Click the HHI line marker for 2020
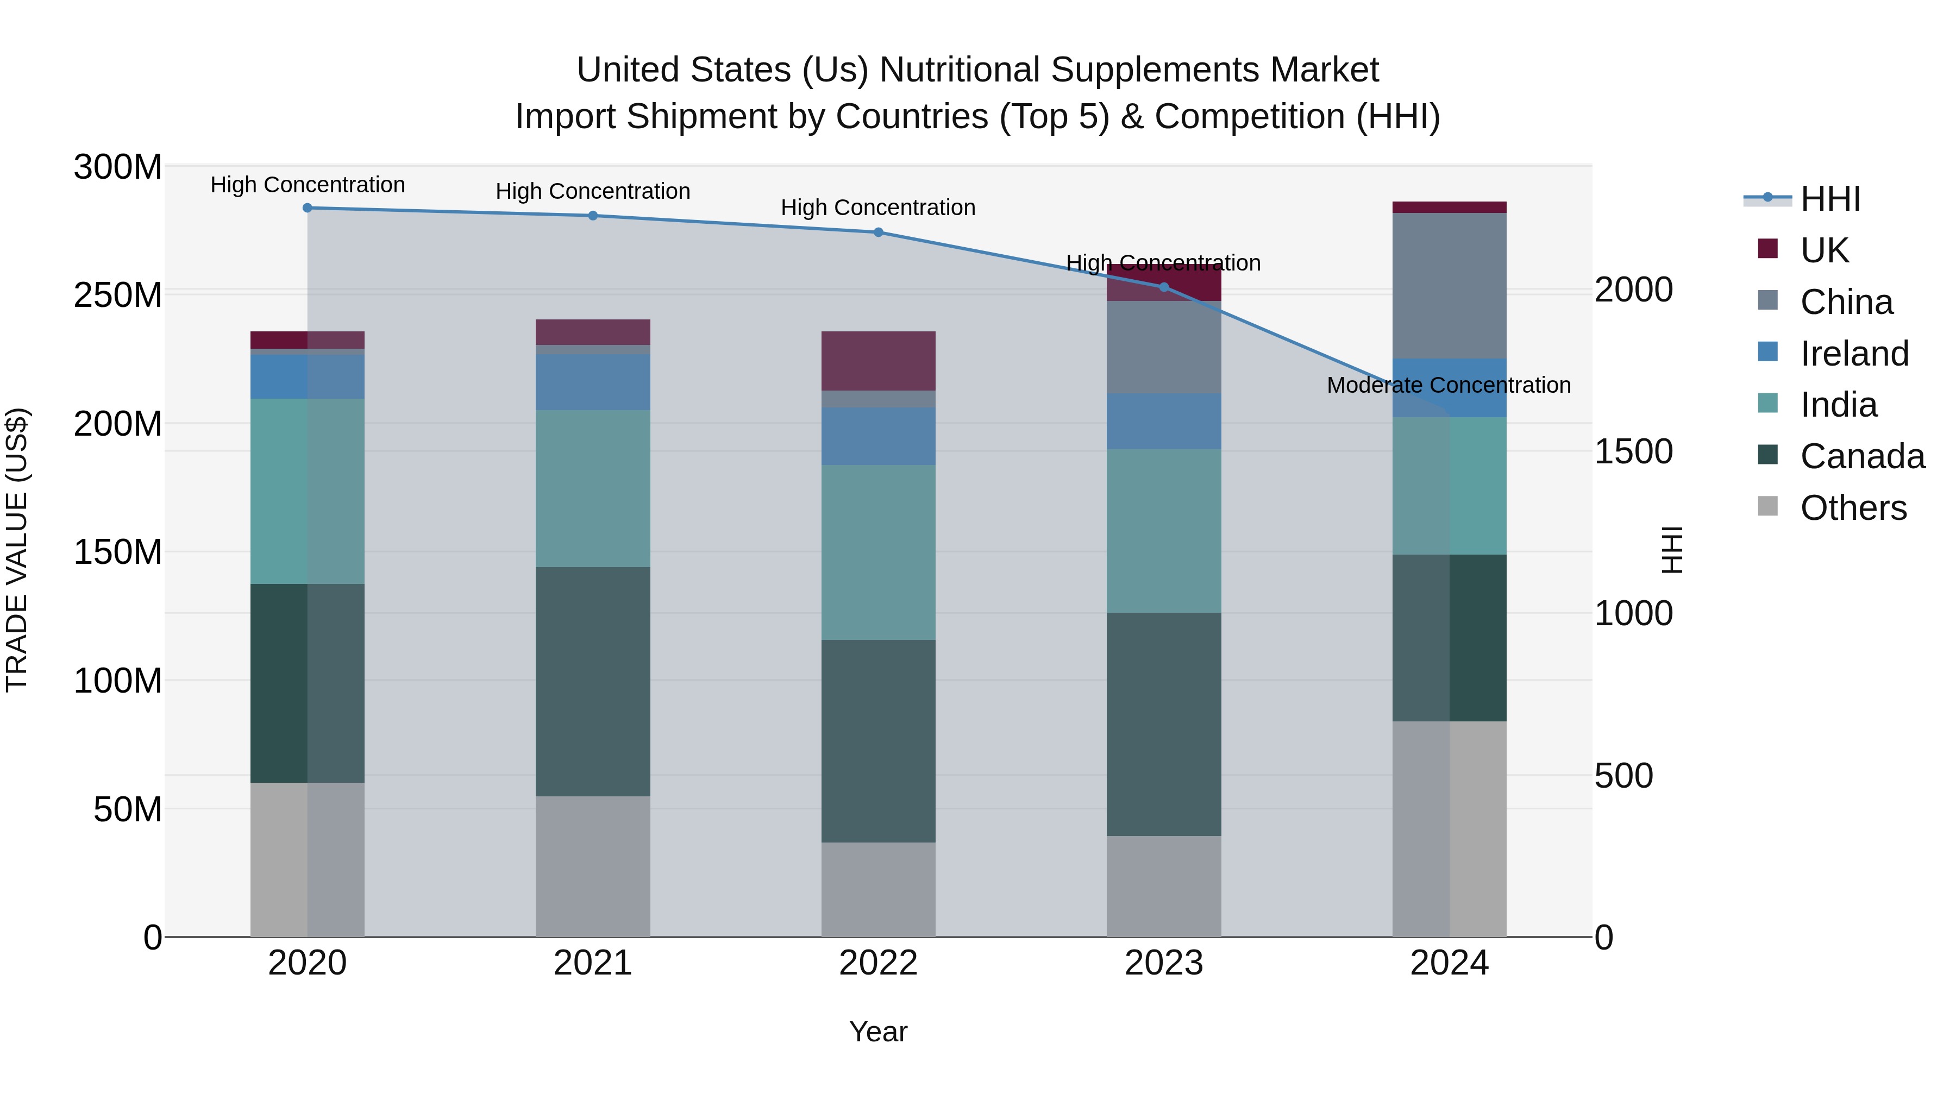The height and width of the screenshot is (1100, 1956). tap(308, 208)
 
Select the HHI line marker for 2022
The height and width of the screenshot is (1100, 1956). tap(879, 232)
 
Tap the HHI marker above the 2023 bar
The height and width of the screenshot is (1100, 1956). tap(1164, 287)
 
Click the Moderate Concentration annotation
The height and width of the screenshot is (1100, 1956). tap(1449, 386)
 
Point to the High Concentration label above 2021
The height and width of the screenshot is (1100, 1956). tap(593, 191)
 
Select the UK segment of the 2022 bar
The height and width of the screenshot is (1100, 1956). tap(879, 361)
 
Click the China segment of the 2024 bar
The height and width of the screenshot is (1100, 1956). tap(1449, 285)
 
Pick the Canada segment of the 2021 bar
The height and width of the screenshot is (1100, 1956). tap(593, 681)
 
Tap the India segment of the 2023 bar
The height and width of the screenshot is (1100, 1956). tap(1164, 531)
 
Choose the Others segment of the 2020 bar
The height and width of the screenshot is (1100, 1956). tap(308, 859)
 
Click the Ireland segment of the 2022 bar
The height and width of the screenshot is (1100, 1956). tap(879, 437)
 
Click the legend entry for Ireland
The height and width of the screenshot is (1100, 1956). tap(1853, 354)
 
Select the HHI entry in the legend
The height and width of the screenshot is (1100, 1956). tap(1829, 199)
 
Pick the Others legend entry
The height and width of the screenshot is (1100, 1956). tap(1852, 508)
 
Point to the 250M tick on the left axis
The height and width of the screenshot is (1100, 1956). tap(118, 294)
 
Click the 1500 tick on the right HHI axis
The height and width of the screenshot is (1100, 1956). tap(1633, 452)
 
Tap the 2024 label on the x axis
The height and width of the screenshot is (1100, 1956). tap(1449, 963)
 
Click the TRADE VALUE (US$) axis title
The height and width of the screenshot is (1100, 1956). tap(17, 550)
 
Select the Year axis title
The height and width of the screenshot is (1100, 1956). tap(879, 1032)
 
